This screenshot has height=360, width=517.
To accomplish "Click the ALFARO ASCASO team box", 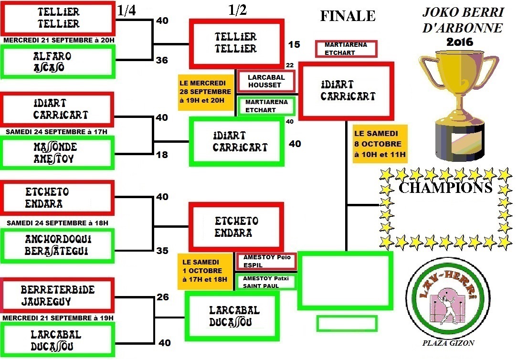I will coord(58,62).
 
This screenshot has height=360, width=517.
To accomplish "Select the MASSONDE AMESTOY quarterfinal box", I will coord(58,152).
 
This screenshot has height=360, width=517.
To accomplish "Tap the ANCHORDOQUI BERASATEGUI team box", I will coord(58,245).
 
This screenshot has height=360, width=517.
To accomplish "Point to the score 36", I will coord(162,61).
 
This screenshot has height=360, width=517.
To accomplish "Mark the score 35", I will coord(162,250).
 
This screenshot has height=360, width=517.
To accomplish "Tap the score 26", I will coord(162,297).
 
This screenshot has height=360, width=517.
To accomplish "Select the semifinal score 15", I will coord(295,44).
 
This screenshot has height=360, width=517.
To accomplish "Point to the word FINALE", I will coord(348,16).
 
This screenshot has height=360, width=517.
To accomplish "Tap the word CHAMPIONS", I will coord(445,188).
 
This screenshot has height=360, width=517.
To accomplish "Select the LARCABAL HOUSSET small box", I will coord(266,81).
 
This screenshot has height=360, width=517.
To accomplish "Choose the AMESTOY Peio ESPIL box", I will coord(266,261).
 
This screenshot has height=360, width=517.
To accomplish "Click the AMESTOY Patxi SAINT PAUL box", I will coord(266,282).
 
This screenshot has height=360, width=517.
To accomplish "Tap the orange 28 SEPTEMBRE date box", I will coord(205,92).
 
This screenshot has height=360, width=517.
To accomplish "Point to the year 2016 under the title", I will coord(459,42).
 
